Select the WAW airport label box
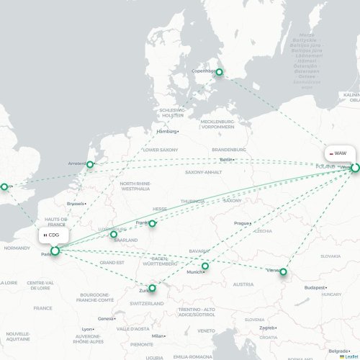(x=338, y=153)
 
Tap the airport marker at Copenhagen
(x=220, y=71)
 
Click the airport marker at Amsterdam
(x=90, y=164)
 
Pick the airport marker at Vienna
(x=283, y=271)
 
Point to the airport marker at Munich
(x=205, y=266)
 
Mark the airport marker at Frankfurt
(x=152, y=223)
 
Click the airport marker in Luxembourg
(x=113, y=234)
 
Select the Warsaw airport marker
(x=355, y=167)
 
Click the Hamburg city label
(x=166, y=132)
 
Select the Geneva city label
(x=106, y=318)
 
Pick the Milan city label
(x=158, y=336)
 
